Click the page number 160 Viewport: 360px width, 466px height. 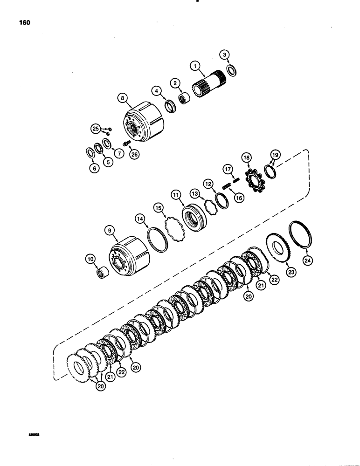[24, 22]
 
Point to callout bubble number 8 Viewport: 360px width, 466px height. [122, 98]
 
